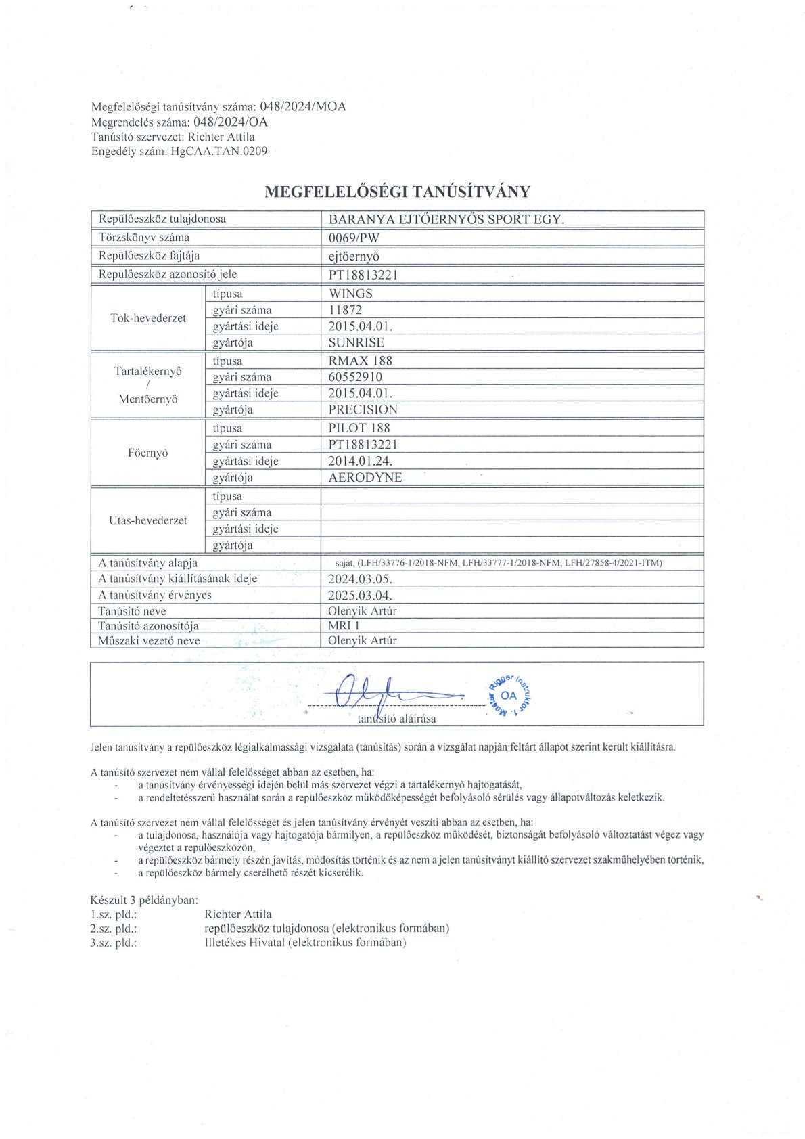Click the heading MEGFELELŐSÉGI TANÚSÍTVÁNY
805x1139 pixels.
pyautogui.click(x=397, y=192)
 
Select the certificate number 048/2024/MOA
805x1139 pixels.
pyautogui.click(x=303, y=107)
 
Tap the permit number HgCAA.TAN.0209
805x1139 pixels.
pyautogui.click(x=219, y=151)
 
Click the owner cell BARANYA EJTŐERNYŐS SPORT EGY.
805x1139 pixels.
pyautogui.click(x=446, y=219)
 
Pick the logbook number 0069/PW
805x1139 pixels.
pyautogui.click(x=354, y=238)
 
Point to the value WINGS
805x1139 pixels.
pyautogui.click(x=350, y=294)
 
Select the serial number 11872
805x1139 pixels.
pyautogui.click(x=345, y=310)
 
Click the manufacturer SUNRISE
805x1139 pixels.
pyautogui.click(x=356, y=342)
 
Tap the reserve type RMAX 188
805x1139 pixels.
pyautogui.click(x=360, y=361)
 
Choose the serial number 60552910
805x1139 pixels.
pyautogui.click(x=355, y=377)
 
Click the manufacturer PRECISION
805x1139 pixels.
pyautogui.click(x=363, y=409)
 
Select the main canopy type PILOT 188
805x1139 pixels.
pyautogui.click(x=359, y=428)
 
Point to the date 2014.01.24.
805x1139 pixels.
pyautogui.click(x=360, y=461)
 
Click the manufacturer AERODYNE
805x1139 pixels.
pyautogui.click(x=365, y=477)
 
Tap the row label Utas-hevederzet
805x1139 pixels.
pyautogui.click(x=147, y=520)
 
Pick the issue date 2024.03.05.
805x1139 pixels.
pyautogui.click(x=360, y=579)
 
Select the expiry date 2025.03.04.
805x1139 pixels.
pyautogui.click(x=360, y=596)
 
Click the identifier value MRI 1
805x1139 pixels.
pyautogui.click(x=344, y=626)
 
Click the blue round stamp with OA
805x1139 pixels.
pyautogui.click(x=509, y=695)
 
